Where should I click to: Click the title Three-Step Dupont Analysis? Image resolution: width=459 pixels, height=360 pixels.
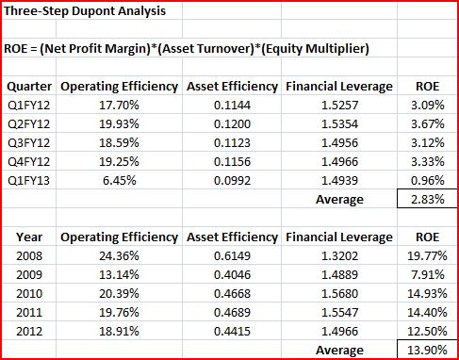click(x=85, y=11)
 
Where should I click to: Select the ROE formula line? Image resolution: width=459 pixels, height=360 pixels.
click(x=187, y=49)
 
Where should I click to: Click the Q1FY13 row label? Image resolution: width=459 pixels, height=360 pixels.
click(x=29, y=181)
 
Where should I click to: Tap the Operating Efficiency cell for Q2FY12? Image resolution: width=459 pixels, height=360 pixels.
click(x=119, y=124)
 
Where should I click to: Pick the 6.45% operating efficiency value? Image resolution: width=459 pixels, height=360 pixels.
click(x=120, y=181)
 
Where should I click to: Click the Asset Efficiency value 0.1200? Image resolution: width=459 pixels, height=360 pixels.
click(x=232, y=124)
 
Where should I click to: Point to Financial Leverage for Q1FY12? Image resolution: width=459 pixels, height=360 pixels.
click(x=339, y=106)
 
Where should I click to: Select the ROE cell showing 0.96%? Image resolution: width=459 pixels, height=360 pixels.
click(x=428, y=181)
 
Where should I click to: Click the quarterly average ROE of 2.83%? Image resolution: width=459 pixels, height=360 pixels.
click(x=428, y=200)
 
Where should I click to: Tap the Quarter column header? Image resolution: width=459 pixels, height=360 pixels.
click(x=29, y=87)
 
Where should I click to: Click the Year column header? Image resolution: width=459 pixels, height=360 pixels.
click(x=29, y=237)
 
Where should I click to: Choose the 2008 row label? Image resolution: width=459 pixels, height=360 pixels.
click(x=29, y=256)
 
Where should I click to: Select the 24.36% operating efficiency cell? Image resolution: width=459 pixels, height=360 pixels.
click(x=119, y=256)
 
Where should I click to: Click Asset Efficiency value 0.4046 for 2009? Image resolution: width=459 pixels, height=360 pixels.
click(x=232, y=275)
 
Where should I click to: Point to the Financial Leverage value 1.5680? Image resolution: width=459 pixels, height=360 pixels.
click(x=339, y=294)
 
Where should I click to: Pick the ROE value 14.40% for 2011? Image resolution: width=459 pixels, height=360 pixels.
click(x=427, y=313)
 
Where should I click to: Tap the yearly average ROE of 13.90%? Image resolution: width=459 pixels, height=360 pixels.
click(x=427, y=350)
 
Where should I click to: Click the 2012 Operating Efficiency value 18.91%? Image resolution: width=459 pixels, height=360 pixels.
click(x=119, y=332)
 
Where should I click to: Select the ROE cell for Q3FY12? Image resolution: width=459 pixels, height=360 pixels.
click(x=428, y=143)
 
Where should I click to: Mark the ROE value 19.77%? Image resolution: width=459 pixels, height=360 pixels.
click(x=427, y=256)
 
